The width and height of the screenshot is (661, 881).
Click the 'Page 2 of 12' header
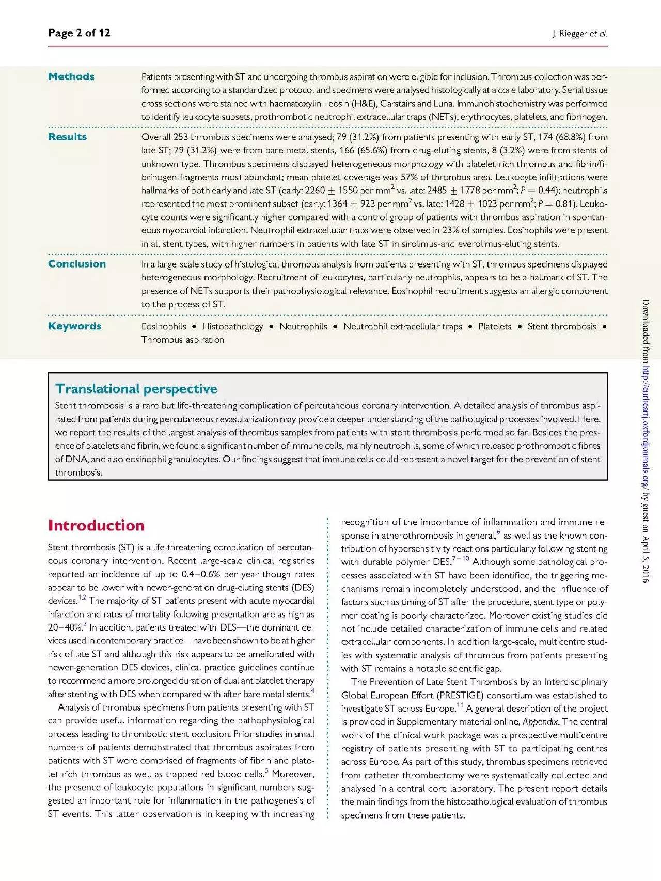(79, 33)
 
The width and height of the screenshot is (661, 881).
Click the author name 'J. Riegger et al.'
(579, 34)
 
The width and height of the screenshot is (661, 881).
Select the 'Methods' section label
(71, 76)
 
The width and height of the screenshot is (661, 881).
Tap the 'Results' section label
(67, 137)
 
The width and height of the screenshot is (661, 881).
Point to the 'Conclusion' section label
(77, 264)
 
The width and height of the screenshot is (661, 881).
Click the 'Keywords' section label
(74, 326)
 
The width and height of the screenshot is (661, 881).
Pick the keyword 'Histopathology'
(232, 326)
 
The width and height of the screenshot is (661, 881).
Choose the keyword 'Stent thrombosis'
(561, 326)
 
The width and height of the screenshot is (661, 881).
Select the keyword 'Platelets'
(495, 326)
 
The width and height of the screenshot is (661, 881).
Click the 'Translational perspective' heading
(136, 389)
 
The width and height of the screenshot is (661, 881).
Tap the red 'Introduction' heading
(96, 526)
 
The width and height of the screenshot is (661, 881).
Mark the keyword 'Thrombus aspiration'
(183, 340)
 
